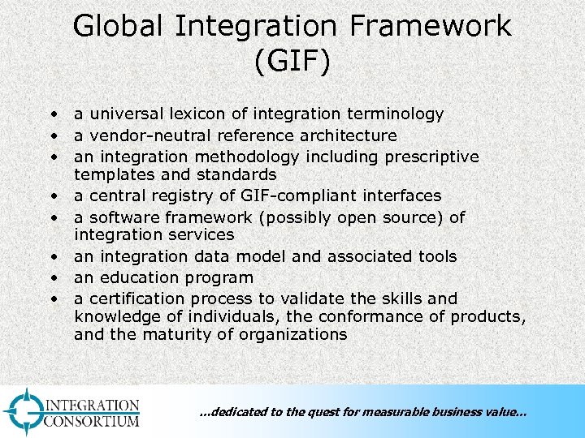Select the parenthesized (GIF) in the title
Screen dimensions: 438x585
coord(292,62)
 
